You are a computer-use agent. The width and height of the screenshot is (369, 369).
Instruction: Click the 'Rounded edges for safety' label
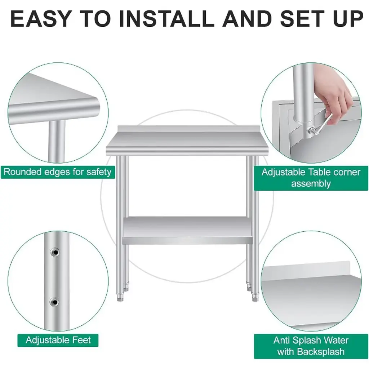pos(58,172)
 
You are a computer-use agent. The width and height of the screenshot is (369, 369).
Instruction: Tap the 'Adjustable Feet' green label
pos(58,340)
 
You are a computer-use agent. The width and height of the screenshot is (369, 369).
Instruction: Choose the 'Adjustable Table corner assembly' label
pos(311,178)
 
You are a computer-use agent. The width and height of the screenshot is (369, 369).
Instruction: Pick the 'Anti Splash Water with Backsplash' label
pos(311,346)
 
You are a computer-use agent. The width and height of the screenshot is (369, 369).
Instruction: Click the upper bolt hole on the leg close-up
pos(55,252)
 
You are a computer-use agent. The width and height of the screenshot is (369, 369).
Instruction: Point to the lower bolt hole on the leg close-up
pos(55,302)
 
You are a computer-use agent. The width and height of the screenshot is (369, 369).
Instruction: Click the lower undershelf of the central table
pos(187,231)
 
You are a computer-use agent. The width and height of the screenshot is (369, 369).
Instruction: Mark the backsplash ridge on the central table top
pos(187,129)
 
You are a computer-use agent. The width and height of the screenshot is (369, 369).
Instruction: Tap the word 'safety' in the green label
pos(99,172)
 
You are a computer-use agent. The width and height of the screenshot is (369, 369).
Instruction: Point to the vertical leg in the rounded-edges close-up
pos(57,141)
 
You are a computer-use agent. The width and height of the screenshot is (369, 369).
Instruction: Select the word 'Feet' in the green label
pos(81,340)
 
